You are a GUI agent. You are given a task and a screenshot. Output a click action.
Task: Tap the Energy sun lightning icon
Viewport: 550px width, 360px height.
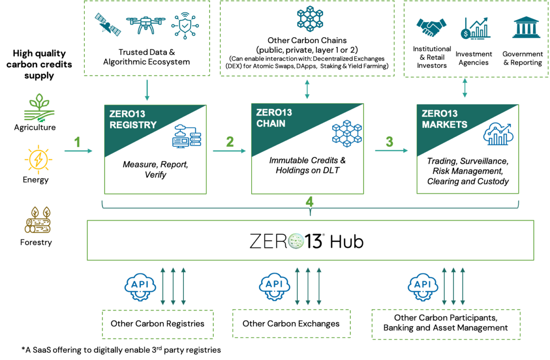tap(36, 160)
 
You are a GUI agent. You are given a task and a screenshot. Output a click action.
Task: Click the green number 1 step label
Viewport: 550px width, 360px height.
tap(77, 143)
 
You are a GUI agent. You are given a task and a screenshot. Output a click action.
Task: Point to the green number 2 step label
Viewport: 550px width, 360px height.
tap(230, 142)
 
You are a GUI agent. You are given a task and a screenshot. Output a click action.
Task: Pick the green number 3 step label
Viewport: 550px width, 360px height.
tap(390, 142)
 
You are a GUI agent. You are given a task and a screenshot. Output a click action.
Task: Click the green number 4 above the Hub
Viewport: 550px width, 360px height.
tap(310, 200)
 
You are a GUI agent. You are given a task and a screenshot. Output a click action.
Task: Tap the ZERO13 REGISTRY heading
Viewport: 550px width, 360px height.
tap(132, 120)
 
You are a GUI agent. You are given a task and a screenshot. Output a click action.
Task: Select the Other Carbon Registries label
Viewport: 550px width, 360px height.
tap(157, 324)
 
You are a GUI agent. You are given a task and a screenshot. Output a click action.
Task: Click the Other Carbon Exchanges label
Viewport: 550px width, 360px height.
tap(291, 324)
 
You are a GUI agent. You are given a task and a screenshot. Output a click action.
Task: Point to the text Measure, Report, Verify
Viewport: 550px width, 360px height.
tap(155, 169)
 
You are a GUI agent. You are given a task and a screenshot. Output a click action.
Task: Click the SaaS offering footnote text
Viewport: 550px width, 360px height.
tap(121, 350)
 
